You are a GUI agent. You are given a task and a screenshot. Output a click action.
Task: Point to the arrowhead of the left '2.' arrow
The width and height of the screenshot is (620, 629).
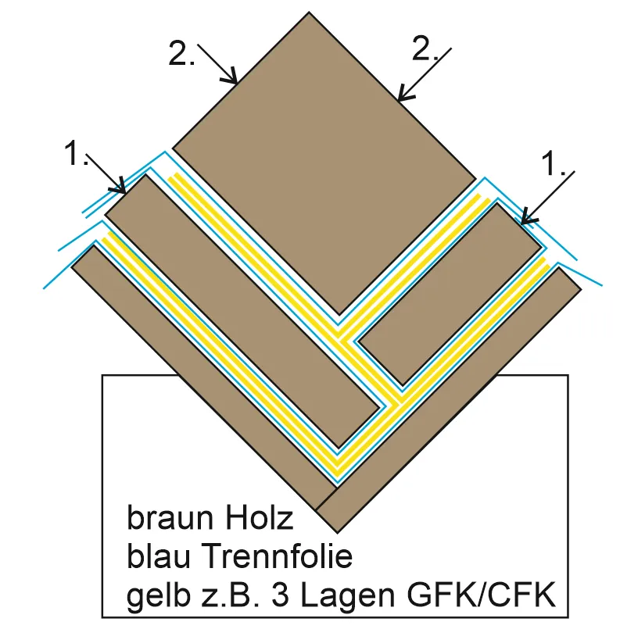pos(234,80)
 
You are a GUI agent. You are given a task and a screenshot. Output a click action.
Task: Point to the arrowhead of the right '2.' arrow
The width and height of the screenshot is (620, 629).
pos(400,99)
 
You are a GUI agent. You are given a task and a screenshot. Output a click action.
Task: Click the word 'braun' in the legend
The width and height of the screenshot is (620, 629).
pos(161,519)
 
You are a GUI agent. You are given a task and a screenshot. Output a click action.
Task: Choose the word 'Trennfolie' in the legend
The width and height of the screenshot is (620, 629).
pos(278,557)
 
